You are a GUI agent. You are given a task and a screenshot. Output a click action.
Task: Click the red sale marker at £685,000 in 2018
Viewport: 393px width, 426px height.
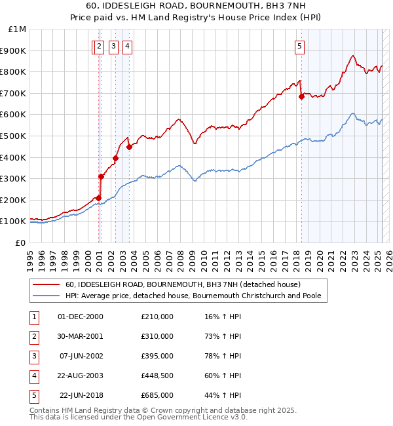tap(301, 96)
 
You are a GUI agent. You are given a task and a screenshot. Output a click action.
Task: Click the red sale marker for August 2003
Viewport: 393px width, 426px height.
tap(130, 147)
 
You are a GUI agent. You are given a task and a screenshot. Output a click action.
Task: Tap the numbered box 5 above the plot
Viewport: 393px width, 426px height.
tap(299, 46)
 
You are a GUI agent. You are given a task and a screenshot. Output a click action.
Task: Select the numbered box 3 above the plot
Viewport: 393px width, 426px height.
tap(113, 46)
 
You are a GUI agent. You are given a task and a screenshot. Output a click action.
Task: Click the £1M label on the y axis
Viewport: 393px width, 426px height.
tap(18, 29)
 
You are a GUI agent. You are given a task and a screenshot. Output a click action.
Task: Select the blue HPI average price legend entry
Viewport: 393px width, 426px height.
tap(193, 296)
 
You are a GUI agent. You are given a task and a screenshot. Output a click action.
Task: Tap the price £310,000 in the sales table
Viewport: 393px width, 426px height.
tap(157, 336)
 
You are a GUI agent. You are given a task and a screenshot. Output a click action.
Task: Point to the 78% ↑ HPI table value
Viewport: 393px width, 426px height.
tap(223, 356)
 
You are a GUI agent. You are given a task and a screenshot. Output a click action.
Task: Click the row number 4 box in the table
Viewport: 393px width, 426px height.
tap(33, 376)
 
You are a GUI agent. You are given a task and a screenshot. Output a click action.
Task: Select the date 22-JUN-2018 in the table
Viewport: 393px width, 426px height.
tap(81, 395)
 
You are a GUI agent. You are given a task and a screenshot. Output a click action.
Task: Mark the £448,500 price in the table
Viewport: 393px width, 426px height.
tap(157, 376)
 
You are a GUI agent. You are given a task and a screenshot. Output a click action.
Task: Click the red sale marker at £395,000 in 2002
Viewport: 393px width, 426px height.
tap(115, 158)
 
